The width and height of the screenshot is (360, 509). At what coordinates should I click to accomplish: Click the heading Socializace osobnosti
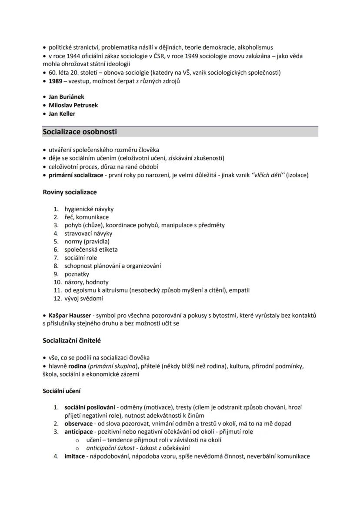click(80, 132)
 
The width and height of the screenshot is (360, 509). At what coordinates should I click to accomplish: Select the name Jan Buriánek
click(66, 97)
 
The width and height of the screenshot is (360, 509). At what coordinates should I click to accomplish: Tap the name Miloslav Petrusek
click(73, 105)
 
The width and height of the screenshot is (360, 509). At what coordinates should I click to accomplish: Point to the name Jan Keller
click(62, 114)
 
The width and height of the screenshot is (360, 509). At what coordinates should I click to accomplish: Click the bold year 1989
click(55, 81)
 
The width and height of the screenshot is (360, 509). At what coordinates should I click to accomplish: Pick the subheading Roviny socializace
click(70, 192)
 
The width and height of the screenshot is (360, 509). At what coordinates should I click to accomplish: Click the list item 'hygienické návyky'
click(89, 209)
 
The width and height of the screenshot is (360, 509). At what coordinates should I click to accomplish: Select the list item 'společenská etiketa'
click(91, 250)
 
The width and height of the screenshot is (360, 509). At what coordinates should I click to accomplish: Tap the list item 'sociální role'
click(81, 258)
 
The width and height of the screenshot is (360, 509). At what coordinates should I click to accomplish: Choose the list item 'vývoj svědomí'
click(84, 298)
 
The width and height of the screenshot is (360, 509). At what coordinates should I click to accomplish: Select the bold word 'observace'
click(78, 424)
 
